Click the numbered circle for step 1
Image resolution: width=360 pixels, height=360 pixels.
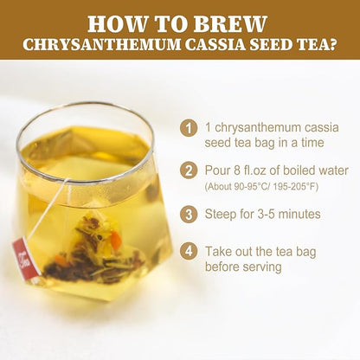(x=189, y=127)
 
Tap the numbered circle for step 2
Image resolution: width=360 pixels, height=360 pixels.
(x=189, y=170)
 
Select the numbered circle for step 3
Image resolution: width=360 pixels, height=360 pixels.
(x=189, y=214)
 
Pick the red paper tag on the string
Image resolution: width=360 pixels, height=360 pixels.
(x=27, y=260)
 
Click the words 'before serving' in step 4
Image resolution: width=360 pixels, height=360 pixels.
(x=243, y=267)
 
